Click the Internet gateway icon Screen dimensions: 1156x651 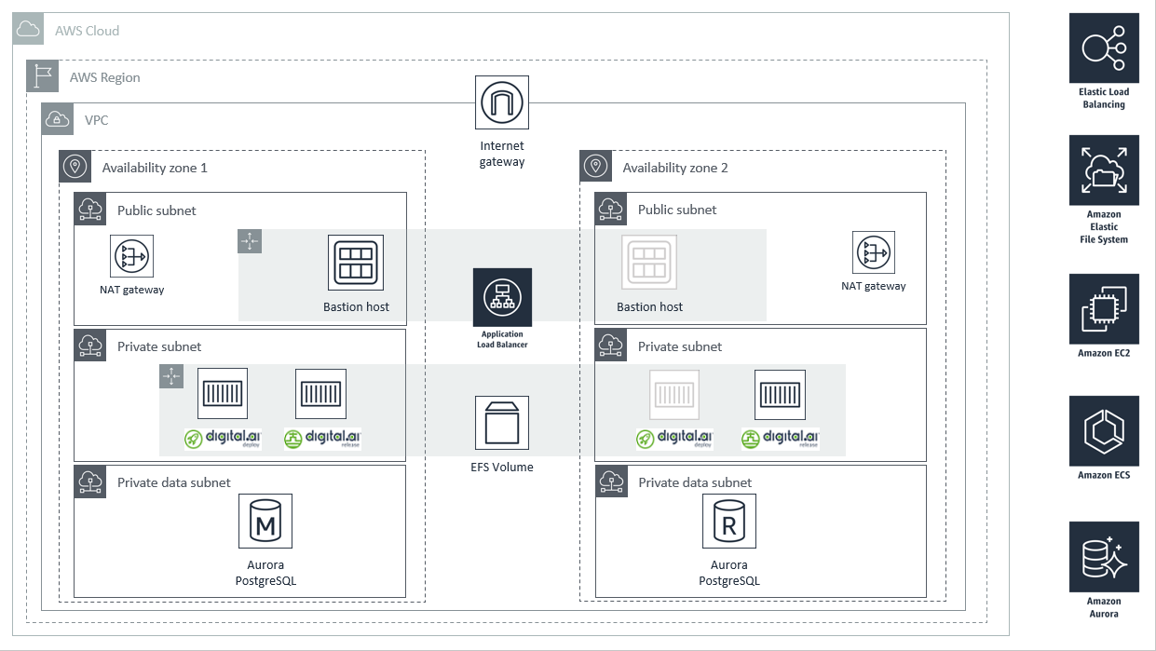point(502,102)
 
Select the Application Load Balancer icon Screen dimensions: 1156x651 point(502,297)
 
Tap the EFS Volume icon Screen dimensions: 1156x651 point(502,423)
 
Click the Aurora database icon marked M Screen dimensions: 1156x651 point(265,521)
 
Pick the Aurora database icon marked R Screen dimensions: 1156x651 point(728,521)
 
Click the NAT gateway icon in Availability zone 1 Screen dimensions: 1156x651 point(131,256)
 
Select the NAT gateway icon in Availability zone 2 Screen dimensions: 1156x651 point(873,252)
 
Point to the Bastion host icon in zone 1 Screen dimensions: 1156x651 point(356,263)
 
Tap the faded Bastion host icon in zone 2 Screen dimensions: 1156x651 point(648,262)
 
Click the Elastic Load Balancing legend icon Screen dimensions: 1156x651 point(1104,48)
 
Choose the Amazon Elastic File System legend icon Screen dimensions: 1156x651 point(1104,170)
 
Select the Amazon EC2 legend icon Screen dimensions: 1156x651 point(1104,309)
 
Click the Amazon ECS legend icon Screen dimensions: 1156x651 point(1104,431)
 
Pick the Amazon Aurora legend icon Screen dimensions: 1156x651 point(1104,557)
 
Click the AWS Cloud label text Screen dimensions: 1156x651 point(87,31)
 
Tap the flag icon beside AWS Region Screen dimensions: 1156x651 point(42,76)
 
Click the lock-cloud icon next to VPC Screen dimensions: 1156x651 point(57,119)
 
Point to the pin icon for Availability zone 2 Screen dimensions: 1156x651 point(595,166)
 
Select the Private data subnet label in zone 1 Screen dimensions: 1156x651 point(173,482)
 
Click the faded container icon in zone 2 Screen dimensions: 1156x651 point(674,395)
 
